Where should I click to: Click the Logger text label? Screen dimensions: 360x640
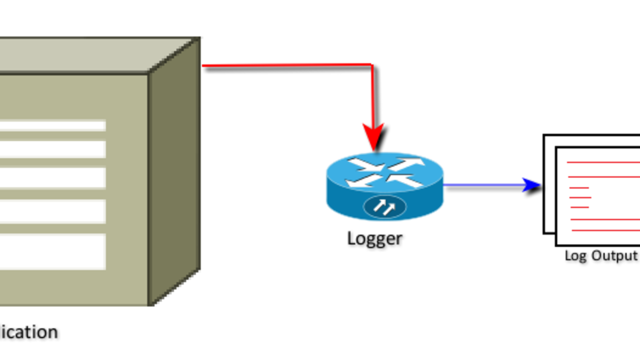pyautogui.click(x=374, y=238)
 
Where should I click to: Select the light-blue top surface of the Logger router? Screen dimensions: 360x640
pyautogui.click(x=384, y=171)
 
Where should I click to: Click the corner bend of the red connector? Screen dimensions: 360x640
pyautogui.click(x=372, y=65)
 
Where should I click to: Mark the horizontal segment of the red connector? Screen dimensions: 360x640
pyautogui.click(x=288, y=66)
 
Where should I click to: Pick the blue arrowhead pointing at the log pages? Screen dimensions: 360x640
pyautogui.click(x=532, y=185)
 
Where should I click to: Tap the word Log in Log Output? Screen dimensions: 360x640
pyautogui.click(x=575, y=256)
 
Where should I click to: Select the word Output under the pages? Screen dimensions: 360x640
pyautogui.click(x=613, y=256)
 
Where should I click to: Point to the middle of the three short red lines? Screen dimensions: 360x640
pyautogui.click(x=581, y=197)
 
